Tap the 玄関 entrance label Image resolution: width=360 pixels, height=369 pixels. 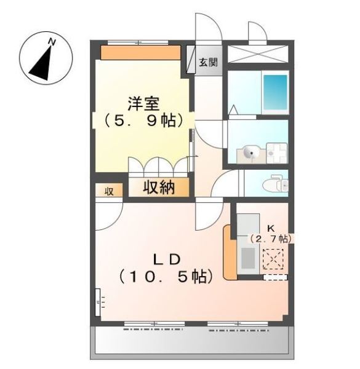coord(208,62)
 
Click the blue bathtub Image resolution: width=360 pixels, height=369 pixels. coord(275,93)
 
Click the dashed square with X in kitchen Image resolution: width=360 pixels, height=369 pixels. coord(271,258)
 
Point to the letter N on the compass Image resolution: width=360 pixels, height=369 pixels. coord(53,42)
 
